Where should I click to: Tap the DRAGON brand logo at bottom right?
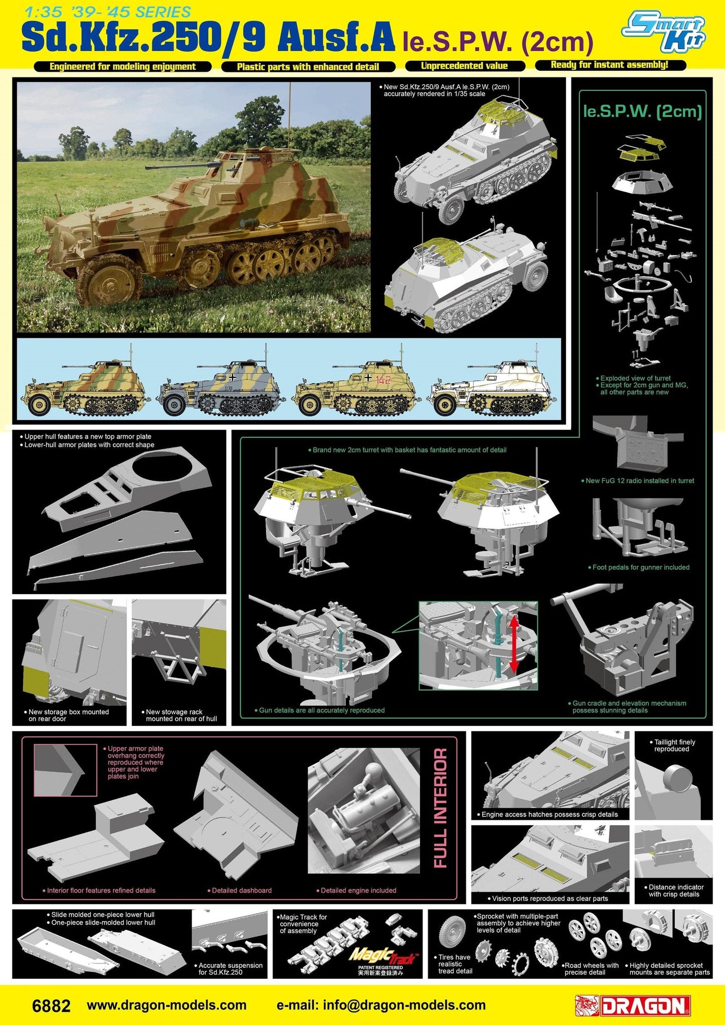633,1005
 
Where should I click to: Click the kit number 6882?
51,1006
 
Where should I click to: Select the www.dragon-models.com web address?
167,1005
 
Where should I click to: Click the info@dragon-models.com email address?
381,1005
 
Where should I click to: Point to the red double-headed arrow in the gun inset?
514,644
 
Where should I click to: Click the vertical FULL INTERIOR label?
440,808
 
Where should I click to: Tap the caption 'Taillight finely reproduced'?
674,746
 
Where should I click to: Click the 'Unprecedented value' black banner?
464,66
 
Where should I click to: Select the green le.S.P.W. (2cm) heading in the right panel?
642,111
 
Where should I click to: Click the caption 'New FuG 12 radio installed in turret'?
640,481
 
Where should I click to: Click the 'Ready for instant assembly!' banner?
609,65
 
